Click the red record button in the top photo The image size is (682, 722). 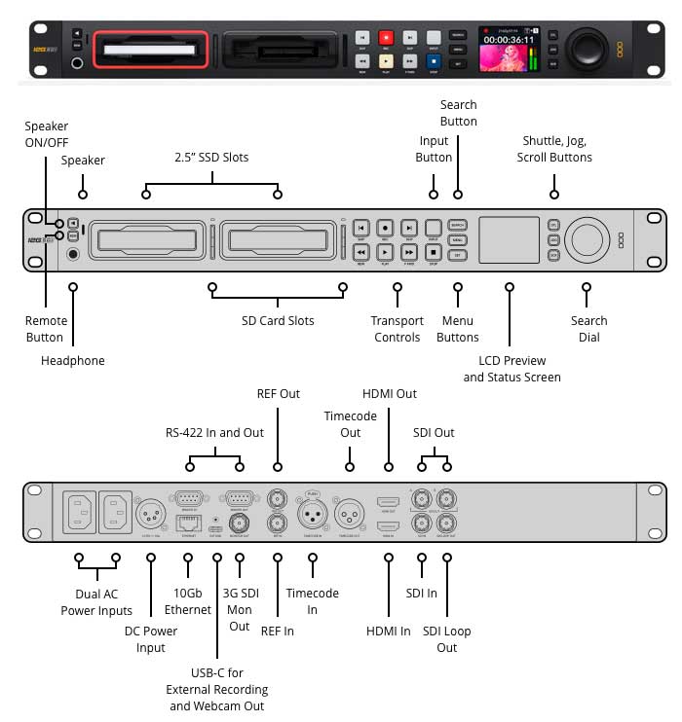[x=386, y=37]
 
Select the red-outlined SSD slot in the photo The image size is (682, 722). [x=150, y=49]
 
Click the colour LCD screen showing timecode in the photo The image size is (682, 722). [x=509, y=48]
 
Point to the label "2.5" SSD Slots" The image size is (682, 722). [x=211, y=158]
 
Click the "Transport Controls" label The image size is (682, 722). [x=398, y=329]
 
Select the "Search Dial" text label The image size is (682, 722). [x=588, y=329]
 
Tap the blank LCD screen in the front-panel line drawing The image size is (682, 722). [x=509, y=239]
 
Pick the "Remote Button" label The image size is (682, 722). [x=46, y=329]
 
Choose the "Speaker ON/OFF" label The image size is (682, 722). [x=47, y=134]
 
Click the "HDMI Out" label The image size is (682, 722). [x=389, y=394]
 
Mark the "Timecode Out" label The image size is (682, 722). [x=348, y=424]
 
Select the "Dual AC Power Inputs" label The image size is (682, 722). [x=96, y=602]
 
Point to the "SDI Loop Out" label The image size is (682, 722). [x=446, y=639]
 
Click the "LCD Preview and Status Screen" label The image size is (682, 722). [x=511, y=369]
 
